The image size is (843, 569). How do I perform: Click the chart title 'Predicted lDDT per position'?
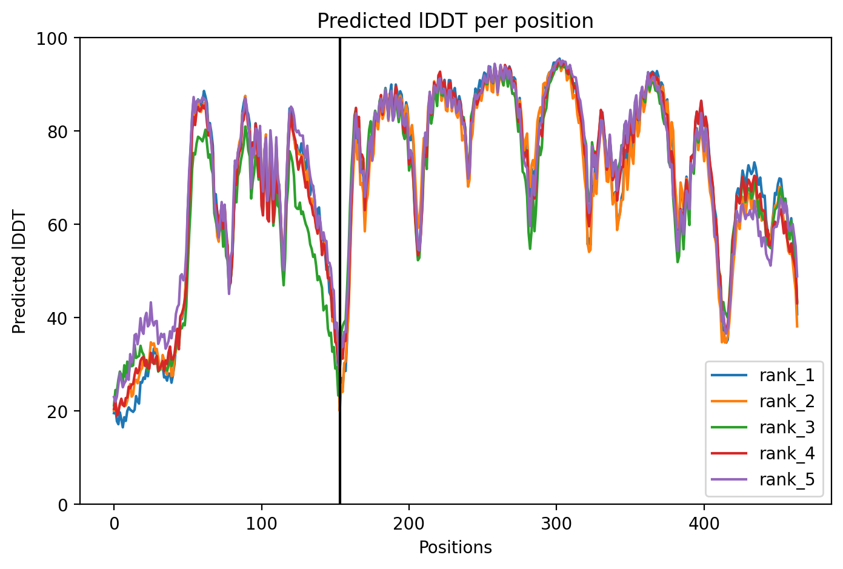tap(455, 21)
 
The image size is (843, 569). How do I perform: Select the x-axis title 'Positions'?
tap(455, 548)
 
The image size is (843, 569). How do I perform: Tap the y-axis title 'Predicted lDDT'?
tap(19, 271)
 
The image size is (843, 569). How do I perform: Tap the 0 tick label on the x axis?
tap(114, 524)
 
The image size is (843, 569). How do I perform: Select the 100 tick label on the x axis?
tap(262, 524)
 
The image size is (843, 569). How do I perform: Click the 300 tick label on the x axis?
tap(556, 524)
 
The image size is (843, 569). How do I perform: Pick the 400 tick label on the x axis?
tap(704, 524)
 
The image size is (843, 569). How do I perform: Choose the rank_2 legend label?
tap(787, 402)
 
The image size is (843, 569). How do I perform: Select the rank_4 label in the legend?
tap(787, 453)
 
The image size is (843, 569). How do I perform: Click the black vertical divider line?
tap(340, 271)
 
